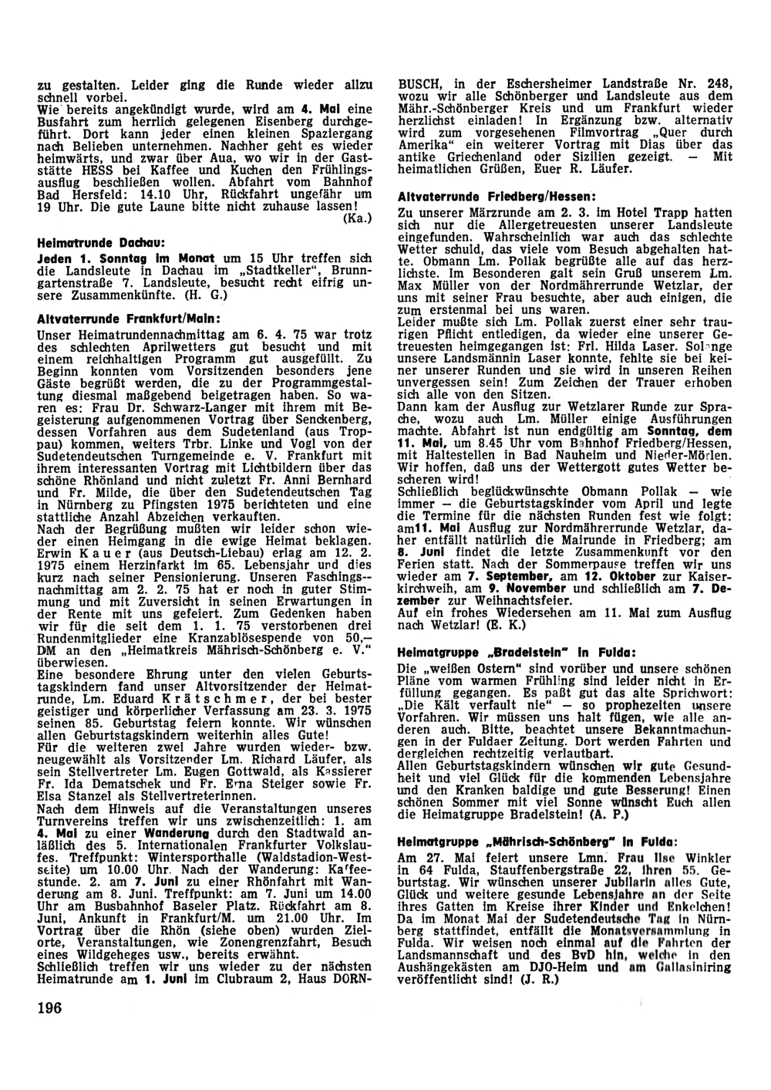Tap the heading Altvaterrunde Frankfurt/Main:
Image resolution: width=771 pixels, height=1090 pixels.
point(118,318)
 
